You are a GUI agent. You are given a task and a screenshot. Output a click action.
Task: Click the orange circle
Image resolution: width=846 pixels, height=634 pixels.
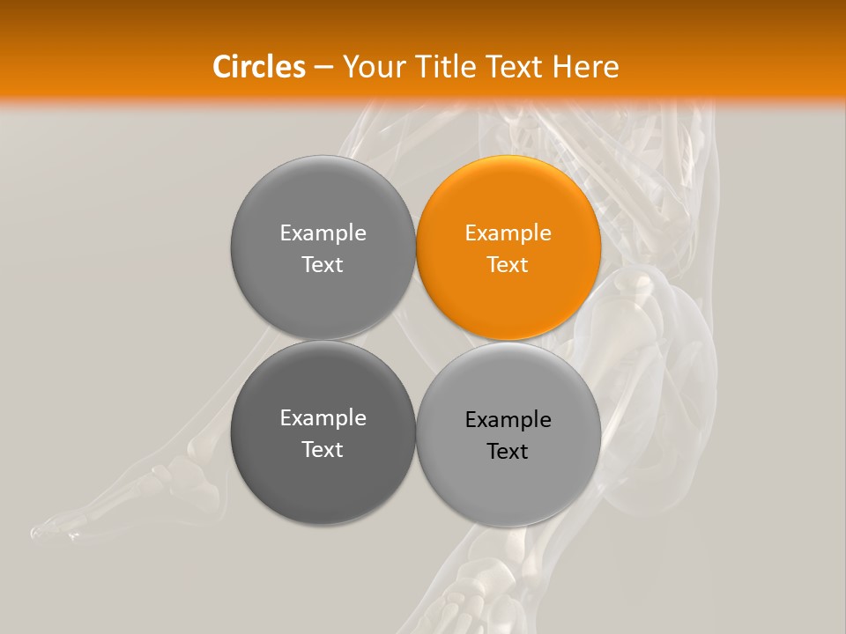(508, 248)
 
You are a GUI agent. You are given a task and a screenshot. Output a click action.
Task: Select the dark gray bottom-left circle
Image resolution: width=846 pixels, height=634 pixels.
(323, 433)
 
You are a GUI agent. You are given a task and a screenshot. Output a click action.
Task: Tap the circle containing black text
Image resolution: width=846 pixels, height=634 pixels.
(508, 434)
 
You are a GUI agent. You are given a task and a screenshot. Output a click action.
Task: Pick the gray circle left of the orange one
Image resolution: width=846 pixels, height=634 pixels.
(323, 248)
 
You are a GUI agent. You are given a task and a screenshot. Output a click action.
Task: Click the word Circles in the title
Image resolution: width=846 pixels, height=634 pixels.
(259, 67)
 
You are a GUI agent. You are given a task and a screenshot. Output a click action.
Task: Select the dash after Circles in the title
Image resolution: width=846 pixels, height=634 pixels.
(323, 67)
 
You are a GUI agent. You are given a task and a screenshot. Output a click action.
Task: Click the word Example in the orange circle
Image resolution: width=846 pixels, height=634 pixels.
(508, 233)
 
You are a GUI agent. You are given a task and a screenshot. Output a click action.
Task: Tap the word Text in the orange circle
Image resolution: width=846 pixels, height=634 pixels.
(508, 264)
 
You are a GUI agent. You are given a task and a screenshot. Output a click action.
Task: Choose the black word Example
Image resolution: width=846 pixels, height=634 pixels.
(508, 420)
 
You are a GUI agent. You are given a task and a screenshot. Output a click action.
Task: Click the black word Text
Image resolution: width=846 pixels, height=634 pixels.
(508, 451)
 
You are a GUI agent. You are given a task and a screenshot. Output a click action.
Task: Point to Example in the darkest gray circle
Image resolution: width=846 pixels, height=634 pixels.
(323, 418)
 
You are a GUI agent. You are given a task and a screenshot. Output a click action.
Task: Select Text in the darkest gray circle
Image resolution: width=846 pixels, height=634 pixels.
(323, 449)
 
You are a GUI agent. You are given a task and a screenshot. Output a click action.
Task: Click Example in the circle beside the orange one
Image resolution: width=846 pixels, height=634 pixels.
(323, 233)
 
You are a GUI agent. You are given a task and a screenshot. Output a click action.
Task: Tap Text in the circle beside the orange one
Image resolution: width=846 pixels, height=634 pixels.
(323, 264)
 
